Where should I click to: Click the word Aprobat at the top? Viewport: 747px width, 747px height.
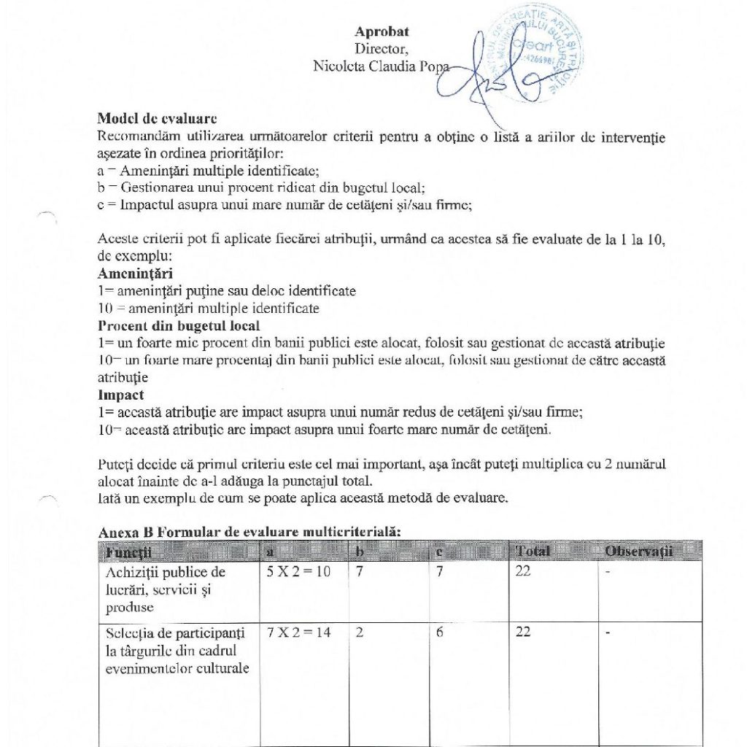pos(382,31)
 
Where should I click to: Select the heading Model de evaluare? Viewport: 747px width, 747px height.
pos(157,118)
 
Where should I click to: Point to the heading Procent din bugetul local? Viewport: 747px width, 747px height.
pos(179,326)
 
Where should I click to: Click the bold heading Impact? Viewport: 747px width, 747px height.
pos(120,395)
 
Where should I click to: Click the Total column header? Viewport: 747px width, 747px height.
pos(533,551)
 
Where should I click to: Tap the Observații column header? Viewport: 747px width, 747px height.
pos(638,551)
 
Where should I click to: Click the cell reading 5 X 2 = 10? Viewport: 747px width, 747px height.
pos(299,572)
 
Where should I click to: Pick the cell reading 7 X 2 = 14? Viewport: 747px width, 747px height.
pos(299,632)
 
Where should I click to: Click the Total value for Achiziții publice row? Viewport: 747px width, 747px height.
pos(523,572)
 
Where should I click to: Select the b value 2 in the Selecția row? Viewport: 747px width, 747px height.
pos(360,632)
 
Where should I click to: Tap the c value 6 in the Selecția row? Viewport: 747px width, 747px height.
pos(440,632)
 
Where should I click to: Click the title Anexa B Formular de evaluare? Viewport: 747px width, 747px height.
pos(249,533)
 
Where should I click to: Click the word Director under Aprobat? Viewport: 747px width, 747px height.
pos(382,49)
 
